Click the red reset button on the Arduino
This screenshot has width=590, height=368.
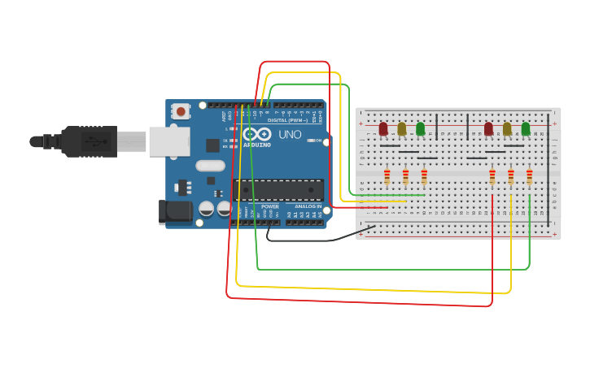coord(181,110)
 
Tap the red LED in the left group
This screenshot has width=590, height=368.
coord(383,128)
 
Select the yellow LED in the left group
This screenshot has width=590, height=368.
coord(402,128)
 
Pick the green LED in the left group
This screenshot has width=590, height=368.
coord(421,128)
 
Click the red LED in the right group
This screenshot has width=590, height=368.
coord(488,128)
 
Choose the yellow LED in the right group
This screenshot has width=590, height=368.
coord(507,128)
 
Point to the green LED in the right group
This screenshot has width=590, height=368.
coord(526,128)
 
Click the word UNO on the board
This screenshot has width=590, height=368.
coord(290,135)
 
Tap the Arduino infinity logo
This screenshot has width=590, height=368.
coord(256,134)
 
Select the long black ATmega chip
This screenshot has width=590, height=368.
coord(278,189)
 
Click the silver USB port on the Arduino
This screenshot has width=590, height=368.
coord(169,141)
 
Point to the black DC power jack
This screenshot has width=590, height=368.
coord(176,213)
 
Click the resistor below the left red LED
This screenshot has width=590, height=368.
coord(387,176)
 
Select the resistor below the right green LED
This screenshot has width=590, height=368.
coord(530,176)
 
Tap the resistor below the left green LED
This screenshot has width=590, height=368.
coord(424,176)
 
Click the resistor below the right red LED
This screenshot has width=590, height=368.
coord(492,176)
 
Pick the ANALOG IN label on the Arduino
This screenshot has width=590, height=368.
coord(308,207)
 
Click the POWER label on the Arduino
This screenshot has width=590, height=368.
coord(270,207)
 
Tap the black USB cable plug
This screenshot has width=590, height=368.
coord(90,141)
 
